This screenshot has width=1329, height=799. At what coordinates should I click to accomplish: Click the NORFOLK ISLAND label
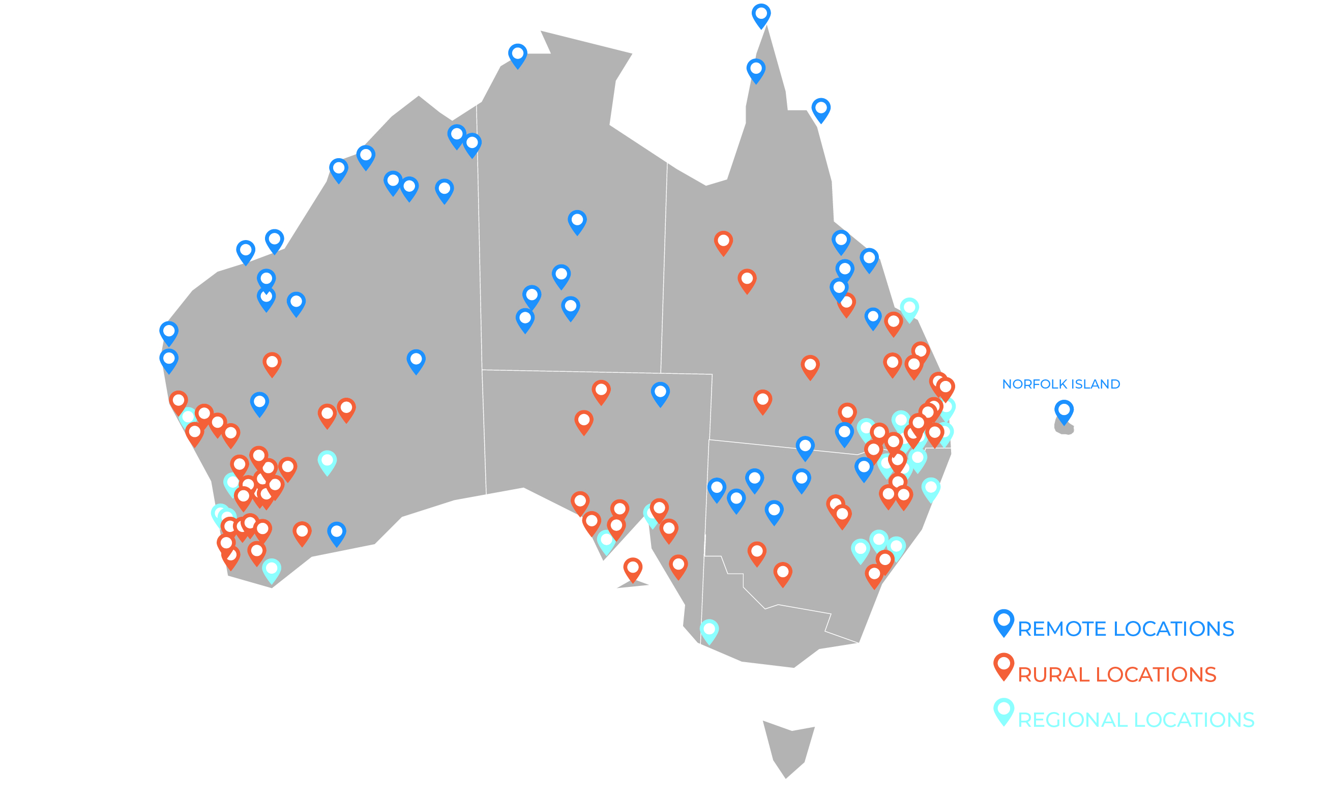pos(1060,384)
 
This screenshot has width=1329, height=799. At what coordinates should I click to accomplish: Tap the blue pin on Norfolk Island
pos(1064,411)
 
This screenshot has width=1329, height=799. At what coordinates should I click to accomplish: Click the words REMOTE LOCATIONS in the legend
pos(1126,629)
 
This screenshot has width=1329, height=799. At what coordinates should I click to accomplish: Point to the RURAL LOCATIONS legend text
pos(1116,674)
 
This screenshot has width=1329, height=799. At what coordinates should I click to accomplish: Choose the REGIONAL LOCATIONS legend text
pos(1136,720)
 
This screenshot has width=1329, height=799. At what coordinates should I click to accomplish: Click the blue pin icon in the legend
pos(1003,622)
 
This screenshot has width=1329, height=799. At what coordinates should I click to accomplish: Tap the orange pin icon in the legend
pos(1003,666)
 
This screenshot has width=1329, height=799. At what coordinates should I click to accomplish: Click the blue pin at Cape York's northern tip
pos(760,15)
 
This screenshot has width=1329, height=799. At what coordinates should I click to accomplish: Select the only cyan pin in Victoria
pos(709,630)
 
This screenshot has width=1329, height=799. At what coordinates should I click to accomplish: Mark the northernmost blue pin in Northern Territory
pos(517,55)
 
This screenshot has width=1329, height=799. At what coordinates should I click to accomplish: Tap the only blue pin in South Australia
pos(660,393)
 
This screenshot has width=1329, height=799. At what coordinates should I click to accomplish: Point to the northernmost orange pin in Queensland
pos(723,242)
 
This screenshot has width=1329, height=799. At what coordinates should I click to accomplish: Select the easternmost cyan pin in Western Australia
pos(327,461)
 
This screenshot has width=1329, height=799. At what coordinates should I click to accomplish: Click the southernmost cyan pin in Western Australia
pos(271,570)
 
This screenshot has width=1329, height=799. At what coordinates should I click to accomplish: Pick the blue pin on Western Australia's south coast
pos(336,533)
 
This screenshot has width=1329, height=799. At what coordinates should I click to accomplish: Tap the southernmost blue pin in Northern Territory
pos(525,319)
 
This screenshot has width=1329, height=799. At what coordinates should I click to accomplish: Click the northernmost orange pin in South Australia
pos(601,391)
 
